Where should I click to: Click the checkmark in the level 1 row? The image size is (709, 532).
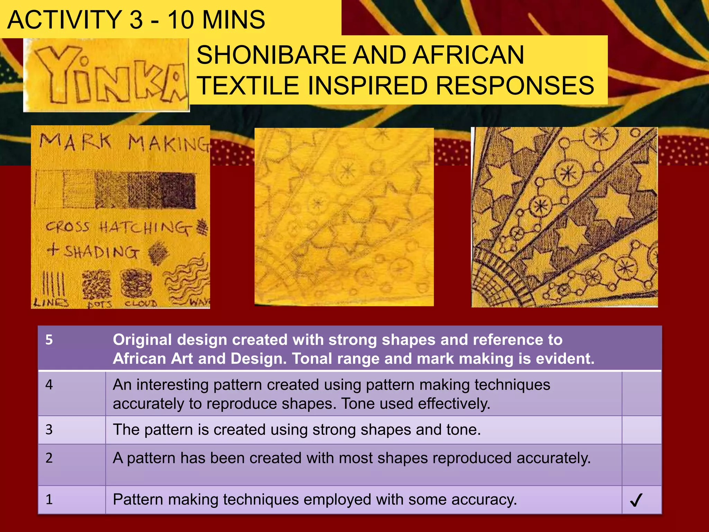(636, 500)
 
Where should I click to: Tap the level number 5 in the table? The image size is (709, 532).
(49, 340)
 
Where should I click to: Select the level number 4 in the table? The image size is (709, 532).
(49, 385)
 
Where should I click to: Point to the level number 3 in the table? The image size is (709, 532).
(49, 430)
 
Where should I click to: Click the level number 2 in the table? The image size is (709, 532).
(49, 458)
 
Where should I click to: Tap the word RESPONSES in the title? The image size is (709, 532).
(515, 86)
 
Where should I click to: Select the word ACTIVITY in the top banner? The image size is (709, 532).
(64, 20)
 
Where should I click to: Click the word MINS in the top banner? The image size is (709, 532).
(234, 20)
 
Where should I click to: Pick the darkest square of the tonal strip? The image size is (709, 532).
(178, 190)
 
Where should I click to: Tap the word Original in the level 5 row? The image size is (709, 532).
(142, 340)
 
